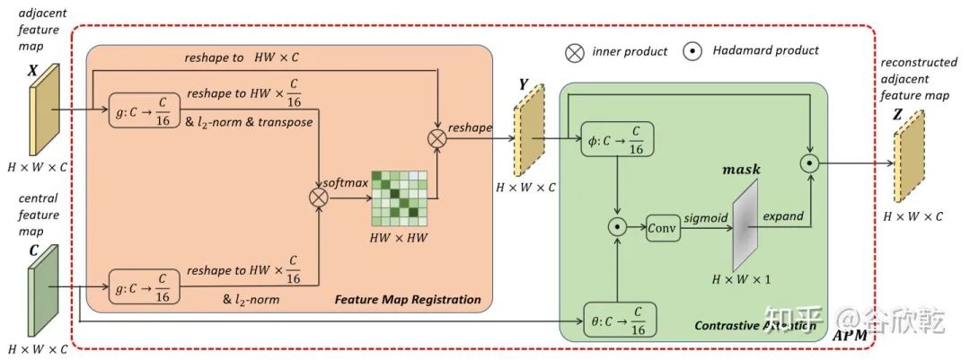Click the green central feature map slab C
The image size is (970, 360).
click(42, 290)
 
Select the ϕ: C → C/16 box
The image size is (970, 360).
click(617, 140)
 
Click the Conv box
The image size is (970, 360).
click(664, 229)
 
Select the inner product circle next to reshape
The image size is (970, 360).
click(437, 139)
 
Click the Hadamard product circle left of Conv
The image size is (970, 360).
click(617, 228)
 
